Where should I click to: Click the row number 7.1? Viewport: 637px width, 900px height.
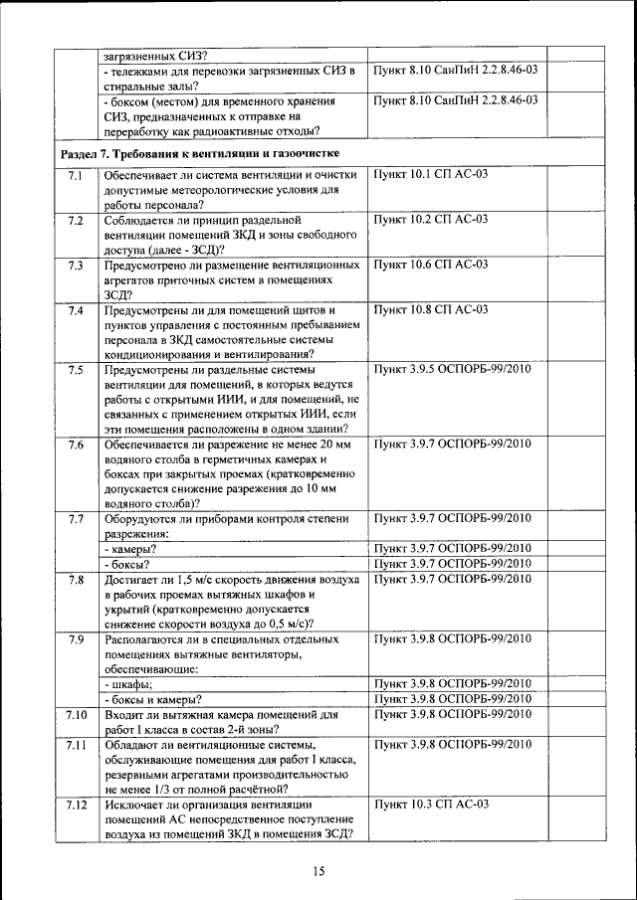(76, 175)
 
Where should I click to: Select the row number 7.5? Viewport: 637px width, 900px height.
(76, 370)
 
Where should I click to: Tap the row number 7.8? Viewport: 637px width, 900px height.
(76, 579)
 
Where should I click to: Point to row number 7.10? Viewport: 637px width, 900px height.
(76, 714)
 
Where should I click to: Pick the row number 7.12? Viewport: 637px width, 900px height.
(76, 804)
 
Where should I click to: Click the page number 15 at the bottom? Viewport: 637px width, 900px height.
(318, 872)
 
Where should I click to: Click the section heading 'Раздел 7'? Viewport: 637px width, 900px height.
(200, 154)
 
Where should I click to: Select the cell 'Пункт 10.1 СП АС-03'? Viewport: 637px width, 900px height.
(430, 175)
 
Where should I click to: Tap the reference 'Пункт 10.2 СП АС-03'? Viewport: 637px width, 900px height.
(430, 219)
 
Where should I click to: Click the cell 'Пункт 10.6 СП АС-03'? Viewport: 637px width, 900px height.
(430, 265)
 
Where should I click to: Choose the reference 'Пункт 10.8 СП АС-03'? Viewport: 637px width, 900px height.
(430, 310)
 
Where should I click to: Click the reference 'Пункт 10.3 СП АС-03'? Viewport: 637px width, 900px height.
(430, 804)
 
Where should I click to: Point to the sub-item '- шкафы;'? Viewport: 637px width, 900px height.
(128, 683)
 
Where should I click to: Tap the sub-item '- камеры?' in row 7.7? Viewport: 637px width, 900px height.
(130, 548)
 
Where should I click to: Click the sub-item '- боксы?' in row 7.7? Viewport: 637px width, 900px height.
(127, 564)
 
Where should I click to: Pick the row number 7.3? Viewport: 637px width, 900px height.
(76, 265)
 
